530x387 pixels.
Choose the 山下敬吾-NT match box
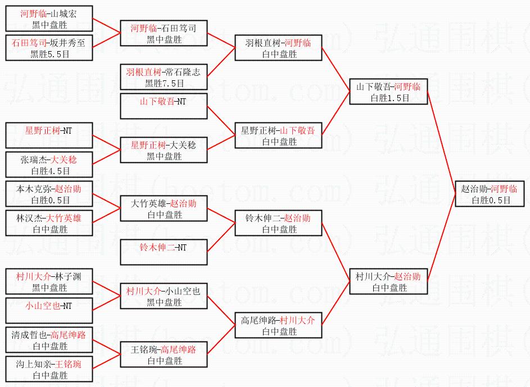coord(164,107)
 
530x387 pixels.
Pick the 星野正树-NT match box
coord(49,135)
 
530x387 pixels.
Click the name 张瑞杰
coord(32,160)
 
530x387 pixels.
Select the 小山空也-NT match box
coord(49,311)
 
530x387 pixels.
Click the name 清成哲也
coord(28,335)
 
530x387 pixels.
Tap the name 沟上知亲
coord(28,365)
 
